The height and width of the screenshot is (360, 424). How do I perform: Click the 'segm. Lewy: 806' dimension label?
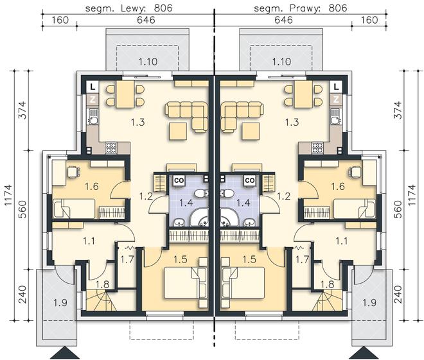pos(128,8)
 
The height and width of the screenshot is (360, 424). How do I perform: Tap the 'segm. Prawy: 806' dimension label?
pos(301,8)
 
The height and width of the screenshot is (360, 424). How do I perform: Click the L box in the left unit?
pos(93,87)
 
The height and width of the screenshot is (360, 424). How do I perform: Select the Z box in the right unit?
pos(336,99)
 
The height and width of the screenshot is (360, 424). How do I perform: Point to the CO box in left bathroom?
pos(179,180)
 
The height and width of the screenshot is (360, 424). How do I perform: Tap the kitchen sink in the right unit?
pos(335,116)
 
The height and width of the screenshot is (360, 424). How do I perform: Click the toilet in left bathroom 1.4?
pos(201,193)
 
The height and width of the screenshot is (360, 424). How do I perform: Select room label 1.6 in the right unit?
pos(338,186)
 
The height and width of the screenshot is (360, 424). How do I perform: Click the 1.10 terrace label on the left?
pos(148,62)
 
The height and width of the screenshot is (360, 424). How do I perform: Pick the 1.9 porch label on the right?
pos(369,302)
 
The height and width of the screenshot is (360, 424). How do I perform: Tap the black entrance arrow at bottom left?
pos(65,353)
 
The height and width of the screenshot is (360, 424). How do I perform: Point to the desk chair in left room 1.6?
pos(73,172)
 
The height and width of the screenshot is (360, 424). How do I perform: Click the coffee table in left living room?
pos(178,132)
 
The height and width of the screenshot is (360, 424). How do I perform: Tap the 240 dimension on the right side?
pos(398,295)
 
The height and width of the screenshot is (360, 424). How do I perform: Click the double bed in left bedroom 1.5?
pos(185,283)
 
